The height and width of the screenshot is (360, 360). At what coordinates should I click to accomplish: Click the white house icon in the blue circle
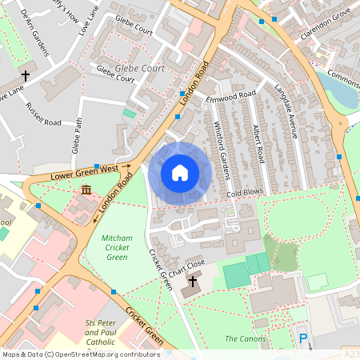tap(180, 172)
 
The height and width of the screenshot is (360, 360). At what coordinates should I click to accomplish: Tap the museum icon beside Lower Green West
tap(86, 190)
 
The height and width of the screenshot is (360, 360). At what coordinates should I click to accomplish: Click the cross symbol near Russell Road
tap(26, 77)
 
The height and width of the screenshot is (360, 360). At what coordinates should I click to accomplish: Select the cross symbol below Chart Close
tap(192, 282)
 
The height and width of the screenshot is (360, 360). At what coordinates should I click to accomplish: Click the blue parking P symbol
tap(303, 339)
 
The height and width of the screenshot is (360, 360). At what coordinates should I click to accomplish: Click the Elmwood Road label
tap(230, 97)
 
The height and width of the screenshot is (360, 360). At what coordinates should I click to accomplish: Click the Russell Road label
tap(43, 114)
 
